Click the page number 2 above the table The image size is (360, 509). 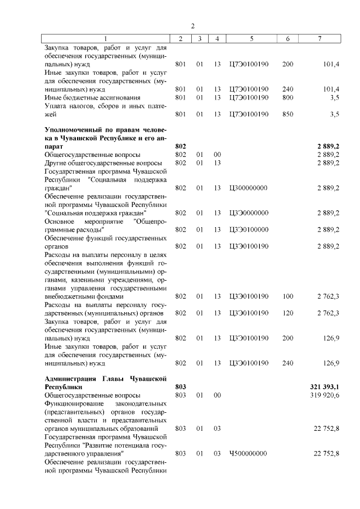tap(192, 26)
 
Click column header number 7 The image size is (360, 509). tap(319, 39)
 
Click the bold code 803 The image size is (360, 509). tap(181, 388)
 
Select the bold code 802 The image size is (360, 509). tap(181, 146)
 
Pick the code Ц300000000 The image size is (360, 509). tap(249, 188)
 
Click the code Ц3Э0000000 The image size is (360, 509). tap(249, 213)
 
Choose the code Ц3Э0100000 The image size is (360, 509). tap(249, 229)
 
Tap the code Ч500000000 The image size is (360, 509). tap(249, 453)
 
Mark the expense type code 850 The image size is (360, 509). tap(288, 114)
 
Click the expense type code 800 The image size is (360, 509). tap(288, 98)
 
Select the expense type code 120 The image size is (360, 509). tap(288, 313)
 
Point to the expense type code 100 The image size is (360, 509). tap(288, 296)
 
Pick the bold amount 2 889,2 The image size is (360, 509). tap(328, 146)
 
